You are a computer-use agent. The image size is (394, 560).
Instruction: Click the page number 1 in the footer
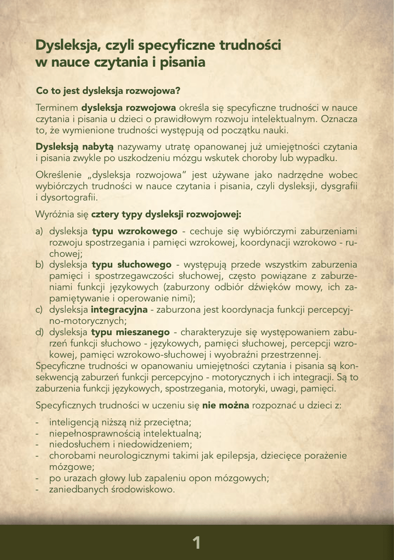coord(196,542)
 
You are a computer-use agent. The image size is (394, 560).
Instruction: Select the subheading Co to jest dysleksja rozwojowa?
coord(108,90)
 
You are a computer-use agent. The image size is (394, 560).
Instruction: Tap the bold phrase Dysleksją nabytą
coord(74,147)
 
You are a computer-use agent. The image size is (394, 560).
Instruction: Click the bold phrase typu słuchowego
coord(131,264)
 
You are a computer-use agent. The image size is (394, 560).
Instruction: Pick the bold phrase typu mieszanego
coord(132,332)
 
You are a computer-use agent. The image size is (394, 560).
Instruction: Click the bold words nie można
coord(226,405)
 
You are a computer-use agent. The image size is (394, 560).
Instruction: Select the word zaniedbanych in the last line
coord(77,489)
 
